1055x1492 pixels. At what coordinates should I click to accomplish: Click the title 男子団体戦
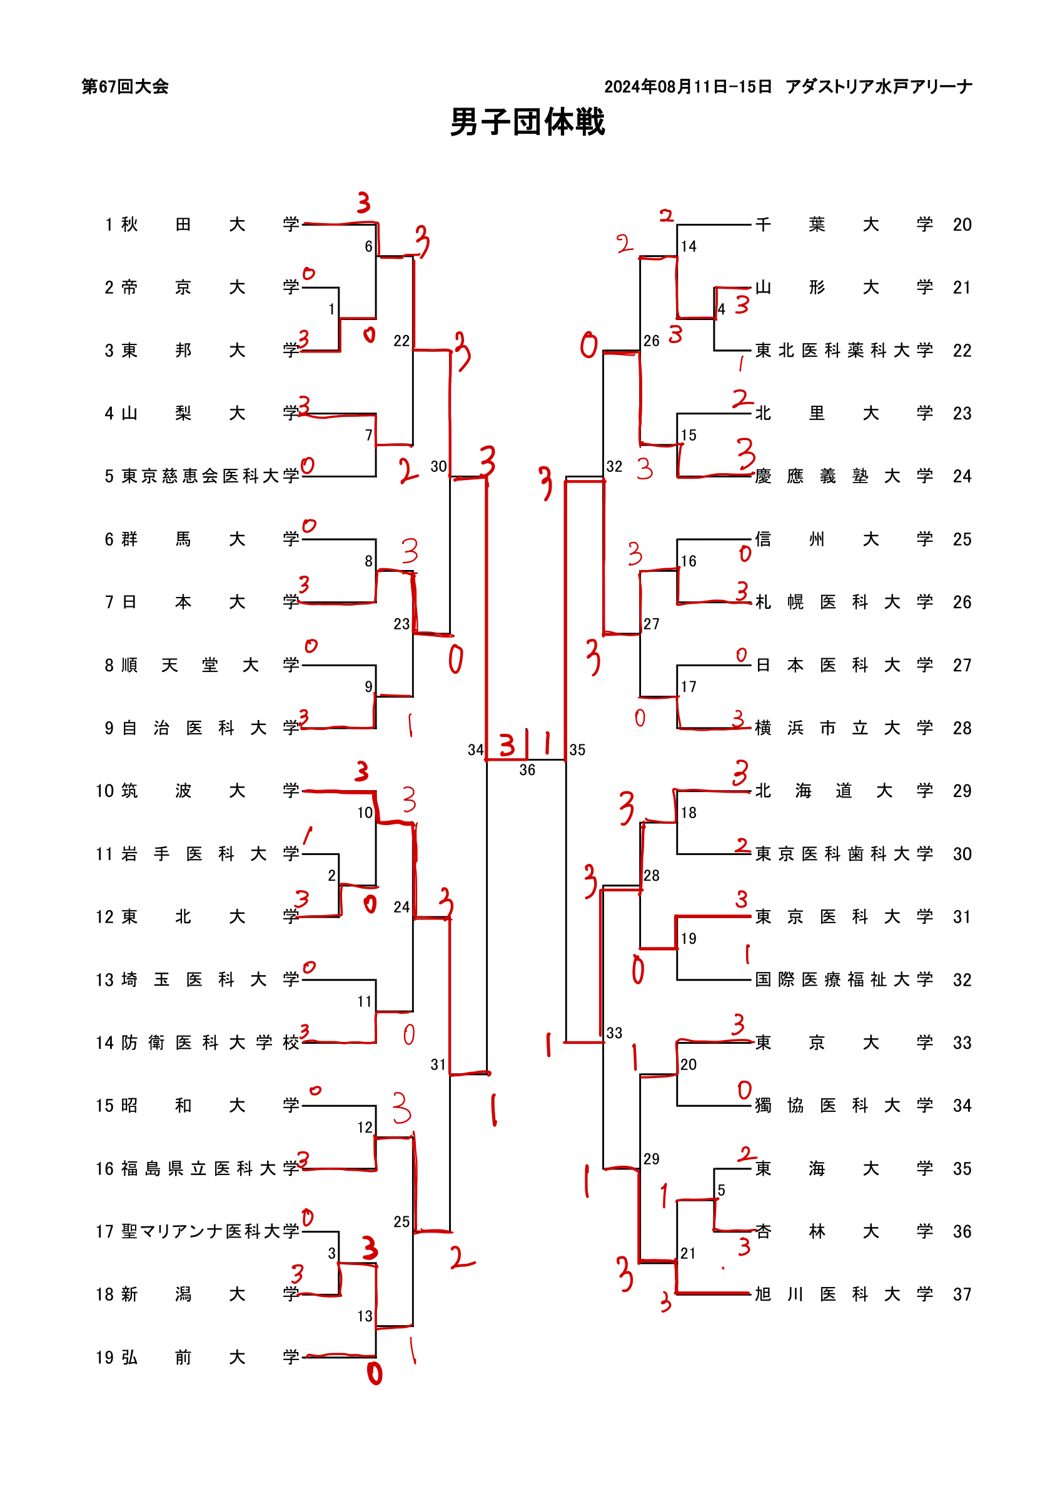pos(527,122)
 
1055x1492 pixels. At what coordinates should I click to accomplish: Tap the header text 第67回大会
pos(125,86)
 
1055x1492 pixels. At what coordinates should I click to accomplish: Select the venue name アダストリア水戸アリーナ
pos(878,86)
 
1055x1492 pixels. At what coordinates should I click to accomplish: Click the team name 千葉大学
pos(844,225)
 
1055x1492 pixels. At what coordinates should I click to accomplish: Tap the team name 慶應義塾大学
pos(844,476)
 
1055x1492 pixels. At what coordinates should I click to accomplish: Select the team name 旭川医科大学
pos(844,1294)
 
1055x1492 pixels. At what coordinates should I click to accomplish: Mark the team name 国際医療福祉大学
pos(844,980)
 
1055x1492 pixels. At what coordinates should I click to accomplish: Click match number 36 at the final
pos(527,770)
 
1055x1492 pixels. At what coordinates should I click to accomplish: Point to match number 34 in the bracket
pos(476,750)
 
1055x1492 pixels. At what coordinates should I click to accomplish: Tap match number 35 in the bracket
pos(577,750)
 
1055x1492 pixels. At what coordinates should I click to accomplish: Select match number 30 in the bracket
pos(439,466)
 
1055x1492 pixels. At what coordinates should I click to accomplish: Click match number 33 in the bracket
pos(614,1033)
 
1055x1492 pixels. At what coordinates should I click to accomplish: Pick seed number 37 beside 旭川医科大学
pos(962,1294)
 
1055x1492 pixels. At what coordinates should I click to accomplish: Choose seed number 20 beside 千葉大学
pos(962,225)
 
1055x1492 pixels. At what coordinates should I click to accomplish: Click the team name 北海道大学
pos(844,791)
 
